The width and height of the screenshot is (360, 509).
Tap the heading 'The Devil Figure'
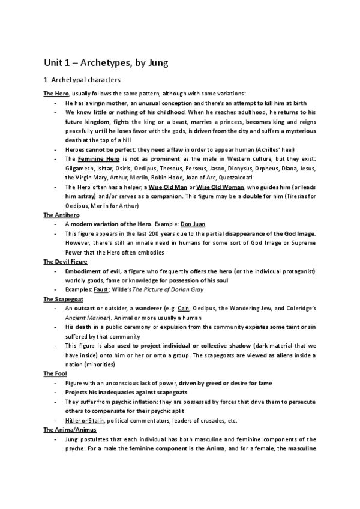(x=65, y=262)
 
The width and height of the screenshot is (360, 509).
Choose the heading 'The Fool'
(x=54, y=373)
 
